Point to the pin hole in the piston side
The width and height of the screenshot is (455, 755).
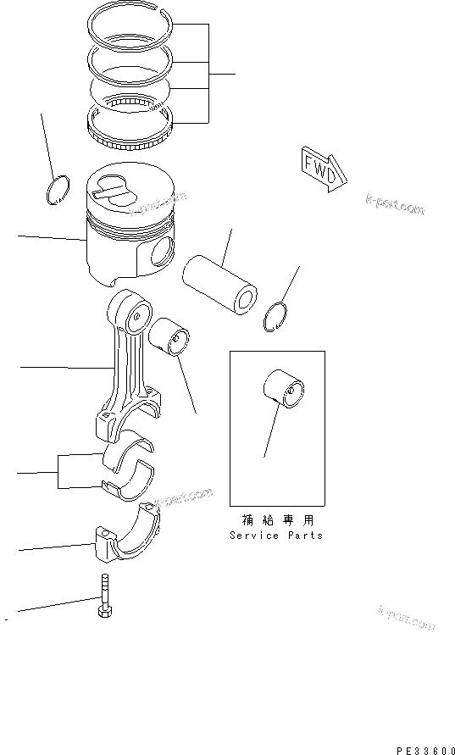[x=162, y=252]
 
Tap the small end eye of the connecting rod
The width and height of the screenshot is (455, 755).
[x=136, y=316]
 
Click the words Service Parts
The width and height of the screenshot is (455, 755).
[x=275, y=536]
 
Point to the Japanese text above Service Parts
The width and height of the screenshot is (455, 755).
[x=276, y=521]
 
